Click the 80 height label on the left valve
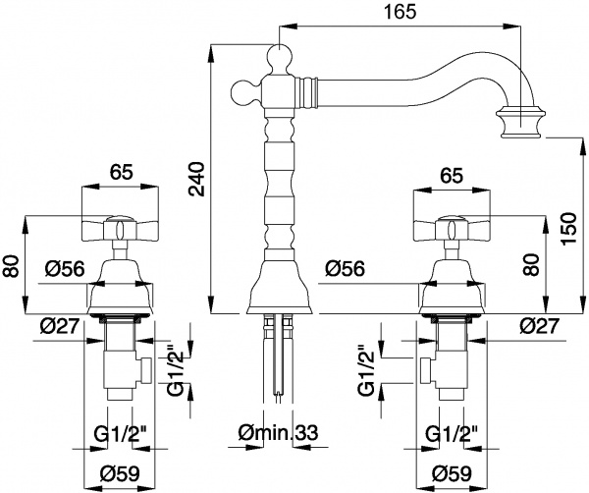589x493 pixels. (x=11, y=265)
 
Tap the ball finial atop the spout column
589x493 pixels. (x=281, y=57)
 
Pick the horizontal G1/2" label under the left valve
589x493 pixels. (x=120, y=432)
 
